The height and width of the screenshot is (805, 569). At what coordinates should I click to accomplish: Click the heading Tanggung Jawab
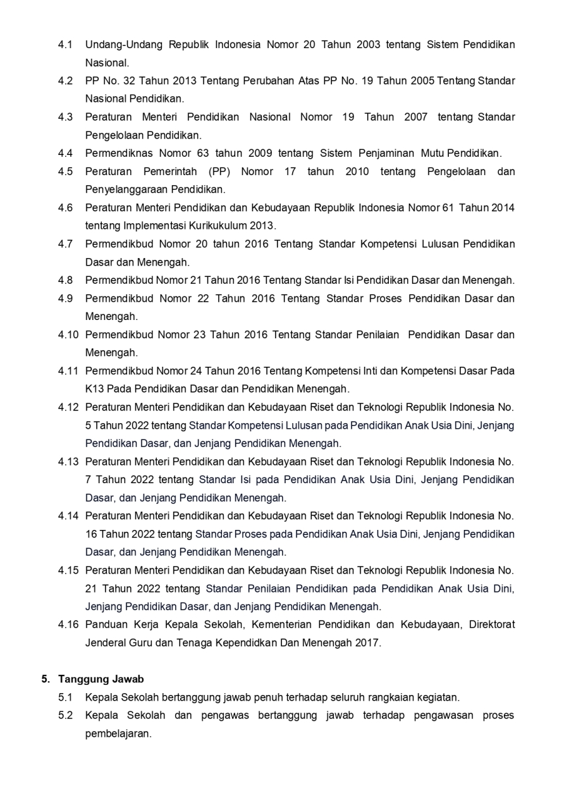[101, 679]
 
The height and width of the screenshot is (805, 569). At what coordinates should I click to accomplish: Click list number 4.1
[65, 45]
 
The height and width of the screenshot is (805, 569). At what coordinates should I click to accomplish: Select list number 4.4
[65, 153]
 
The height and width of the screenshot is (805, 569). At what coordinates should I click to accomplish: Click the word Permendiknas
[118, 153]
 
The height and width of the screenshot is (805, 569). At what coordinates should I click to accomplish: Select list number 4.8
[65, 280]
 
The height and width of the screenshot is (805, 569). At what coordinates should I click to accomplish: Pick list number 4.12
[68, 407]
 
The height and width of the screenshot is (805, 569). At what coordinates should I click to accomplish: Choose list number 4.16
[68, 625]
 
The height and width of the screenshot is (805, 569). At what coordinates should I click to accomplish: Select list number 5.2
[65, 716]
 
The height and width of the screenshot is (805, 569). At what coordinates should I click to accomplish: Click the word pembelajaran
[118, 734]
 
